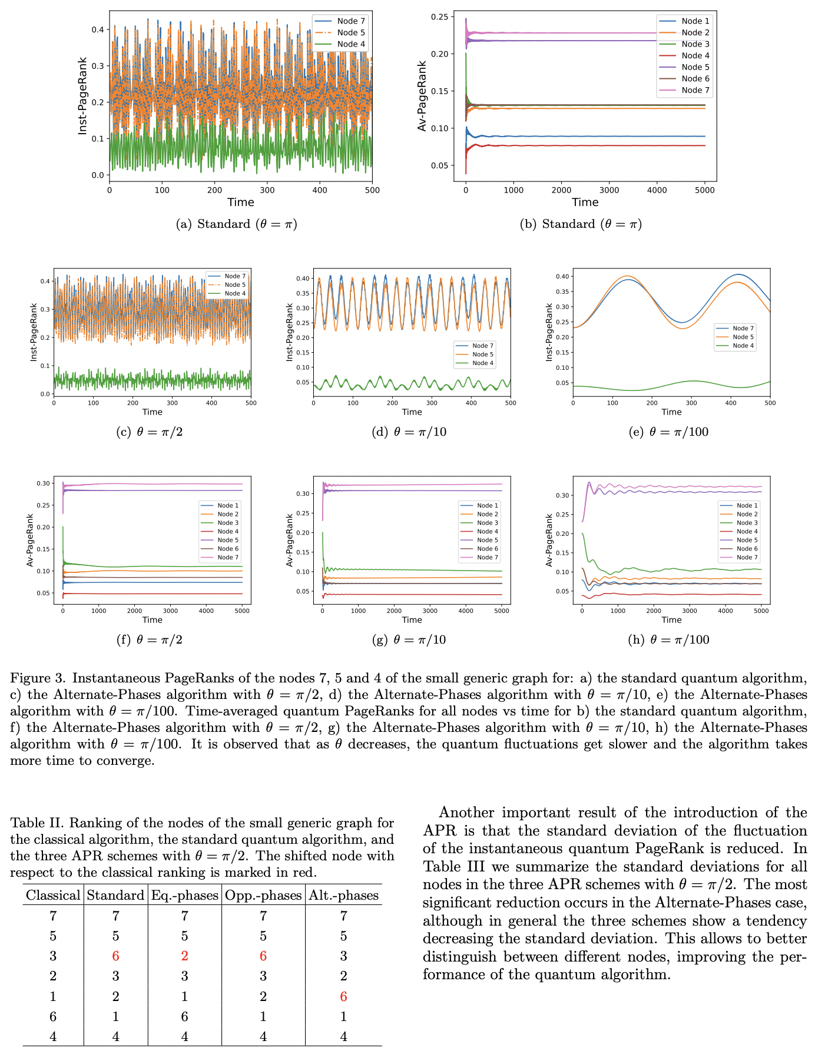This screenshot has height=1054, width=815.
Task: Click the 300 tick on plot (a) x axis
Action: pyautogui.click(x=267, y=190)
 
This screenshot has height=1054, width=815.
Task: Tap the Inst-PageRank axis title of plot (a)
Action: pyautogui.click(x=83, y=95)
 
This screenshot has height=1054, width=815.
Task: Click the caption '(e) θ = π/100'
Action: pyautogui.click(x=668, y=432)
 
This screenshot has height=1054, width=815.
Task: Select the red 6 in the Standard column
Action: pyautogui.click(x=115, y=956)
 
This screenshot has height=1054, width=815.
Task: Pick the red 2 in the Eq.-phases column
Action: pyautogui.click(x=184, y=956)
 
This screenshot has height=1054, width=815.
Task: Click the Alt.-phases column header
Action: pyautogui.click(x=343, y=896)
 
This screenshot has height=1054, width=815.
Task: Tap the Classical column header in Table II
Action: pyautogui.click(x=53, y=896)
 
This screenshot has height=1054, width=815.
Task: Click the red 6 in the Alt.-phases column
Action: pyautogui.click(x=343, y=996)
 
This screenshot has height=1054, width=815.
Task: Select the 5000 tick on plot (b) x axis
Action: pyautogui.click(x=705, y=190)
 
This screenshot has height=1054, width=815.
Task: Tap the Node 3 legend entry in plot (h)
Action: pyautogui.click(x=747, y=523)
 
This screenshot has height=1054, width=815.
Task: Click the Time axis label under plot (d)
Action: pyautogui.click(x=412, y=412)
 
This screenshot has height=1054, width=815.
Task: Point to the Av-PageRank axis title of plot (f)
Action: pyautogui.click(x=30, y=540)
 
